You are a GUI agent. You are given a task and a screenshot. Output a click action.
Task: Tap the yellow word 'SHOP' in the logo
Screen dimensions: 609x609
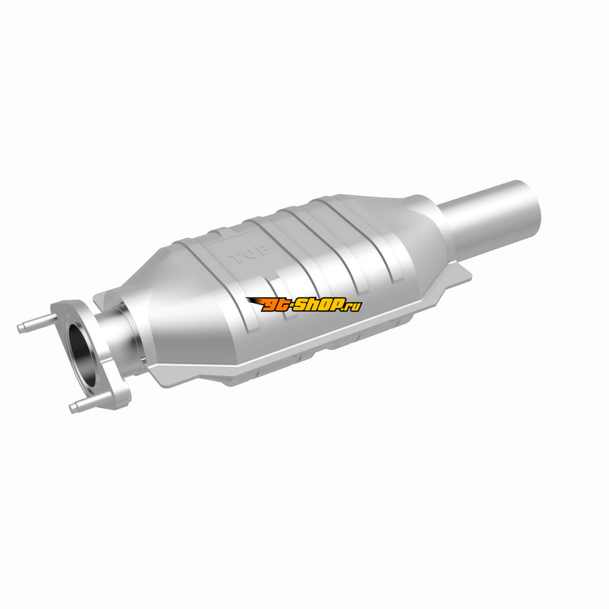(x=318, y=305)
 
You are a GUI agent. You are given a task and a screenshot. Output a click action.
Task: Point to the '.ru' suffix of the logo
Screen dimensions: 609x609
(x=352, y=307)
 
